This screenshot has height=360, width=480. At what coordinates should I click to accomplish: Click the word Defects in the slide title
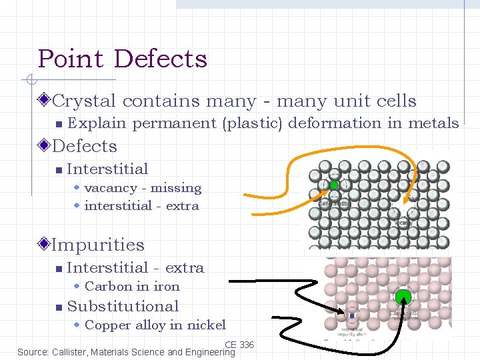coord(161,59)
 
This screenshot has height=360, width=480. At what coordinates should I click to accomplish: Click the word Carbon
coord(109,287)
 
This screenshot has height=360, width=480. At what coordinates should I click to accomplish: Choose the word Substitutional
coord(123,307)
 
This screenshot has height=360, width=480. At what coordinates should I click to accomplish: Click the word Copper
coord(108,325)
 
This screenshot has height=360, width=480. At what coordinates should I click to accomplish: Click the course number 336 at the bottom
coord(247,345)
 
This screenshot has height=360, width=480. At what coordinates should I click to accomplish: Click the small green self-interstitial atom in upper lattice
coord(334,185)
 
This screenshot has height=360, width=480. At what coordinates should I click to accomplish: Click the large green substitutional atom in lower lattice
coord(403,297)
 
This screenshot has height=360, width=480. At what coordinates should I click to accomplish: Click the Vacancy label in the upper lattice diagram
coord(403,223)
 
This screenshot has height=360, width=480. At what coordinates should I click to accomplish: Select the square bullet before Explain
coord(59,124)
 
